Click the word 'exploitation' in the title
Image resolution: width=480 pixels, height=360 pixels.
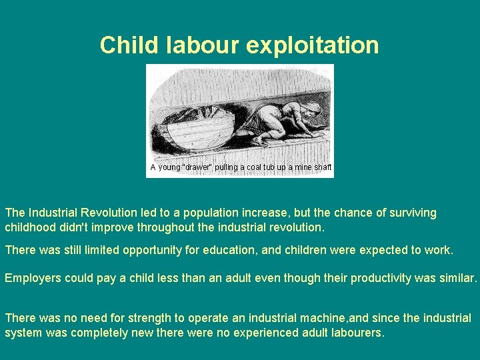[x=312, y=45]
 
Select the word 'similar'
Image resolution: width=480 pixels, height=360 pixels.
[x=457, y=277]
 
